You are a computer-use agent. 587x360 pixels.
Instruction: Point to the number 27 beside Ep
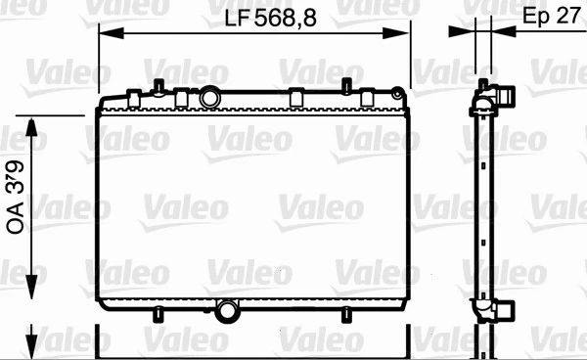click(x=564, y=17)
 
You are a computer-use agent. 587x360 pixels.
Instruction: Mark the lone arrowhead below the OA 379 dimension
click(x=36, y=337)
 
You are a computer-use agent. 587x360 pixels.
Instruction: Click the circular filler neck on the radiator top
click(x=210, y=99)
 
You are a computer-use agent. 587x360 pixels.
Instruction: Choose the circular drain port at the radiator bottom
click(x=228, y=311)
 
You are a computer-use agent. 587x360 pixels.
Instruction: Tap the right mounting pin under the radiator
click(x=345, y=313)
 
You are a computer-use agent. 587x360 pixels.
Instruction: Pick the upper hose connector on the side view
click(x=505, y=96)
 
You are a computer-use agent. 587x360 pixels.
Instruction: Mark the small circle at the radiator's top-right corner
click(x=396, y=94)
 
